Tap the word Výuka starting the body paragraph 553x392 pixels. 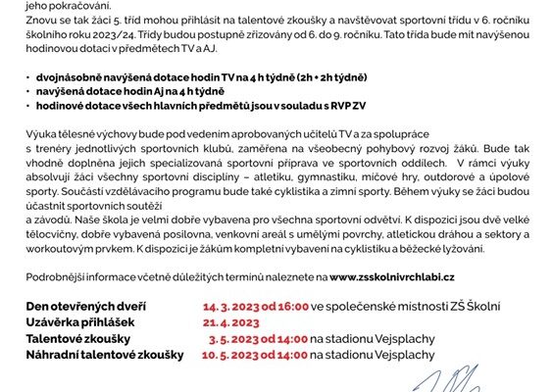pyautogui.click(x=41, y=133)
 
